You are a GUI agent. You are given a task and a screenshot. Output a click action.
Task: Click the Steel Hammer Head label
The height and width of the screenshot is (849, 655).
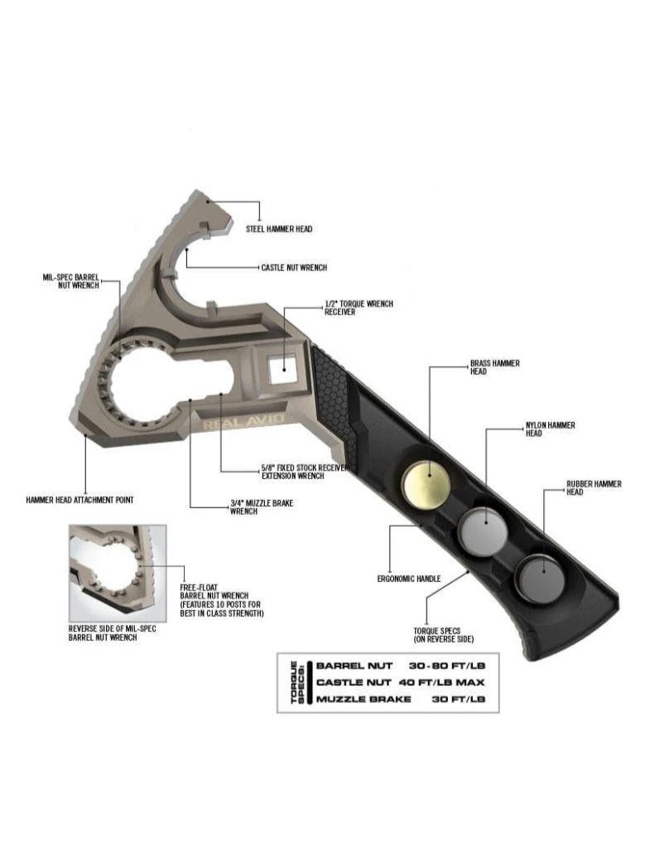click(280, 229)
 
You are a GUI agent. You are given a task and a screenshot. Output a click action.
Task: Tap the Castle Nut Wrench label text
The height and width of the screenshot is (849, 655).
click(294, 268)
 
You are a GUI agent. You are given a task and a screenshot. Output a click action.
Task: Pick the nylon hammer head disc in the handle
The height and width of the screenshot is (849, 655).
click(484, 528)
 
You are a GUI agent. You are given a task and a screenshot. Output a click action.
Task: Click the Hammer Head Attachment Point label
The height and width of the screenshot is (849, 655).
click(79, 500)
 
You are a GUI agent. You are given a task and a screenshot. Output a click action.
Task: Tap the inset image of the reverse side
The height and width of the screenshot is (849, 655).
click(118, 573)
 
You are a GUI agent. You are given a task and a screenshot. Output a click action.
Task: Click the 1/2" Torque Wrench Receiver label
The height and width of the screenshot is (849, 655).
click(359, 308)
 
